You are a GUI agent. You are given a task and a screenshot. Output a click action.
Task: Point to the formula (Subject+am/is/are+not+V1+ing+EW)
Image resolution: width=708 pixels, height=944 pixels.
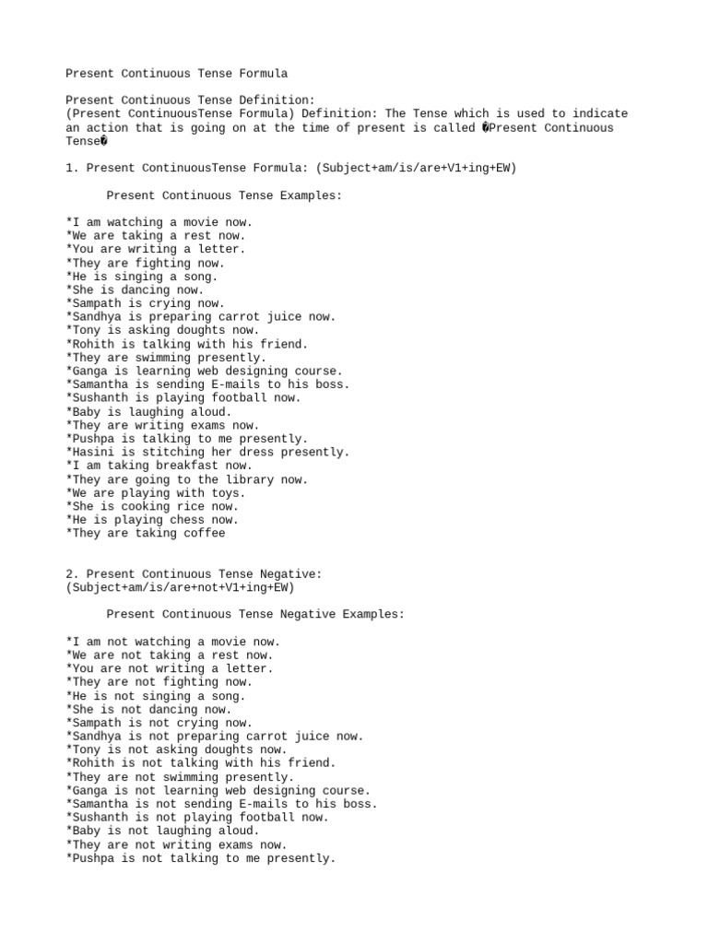point(181,587)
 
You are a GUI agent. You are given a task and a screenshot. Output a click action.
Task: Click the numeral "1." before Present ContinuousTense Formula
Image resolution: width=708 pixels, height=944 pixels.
point(73,169)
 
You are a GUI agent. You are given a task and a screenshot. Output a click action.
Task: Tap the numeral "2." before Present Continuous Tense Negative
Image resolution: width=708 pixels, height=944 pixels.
point(73,573)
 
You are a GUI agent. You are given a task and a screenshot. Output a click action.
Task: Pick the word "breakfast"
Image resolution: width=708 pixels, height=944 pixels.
point(188,466)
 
